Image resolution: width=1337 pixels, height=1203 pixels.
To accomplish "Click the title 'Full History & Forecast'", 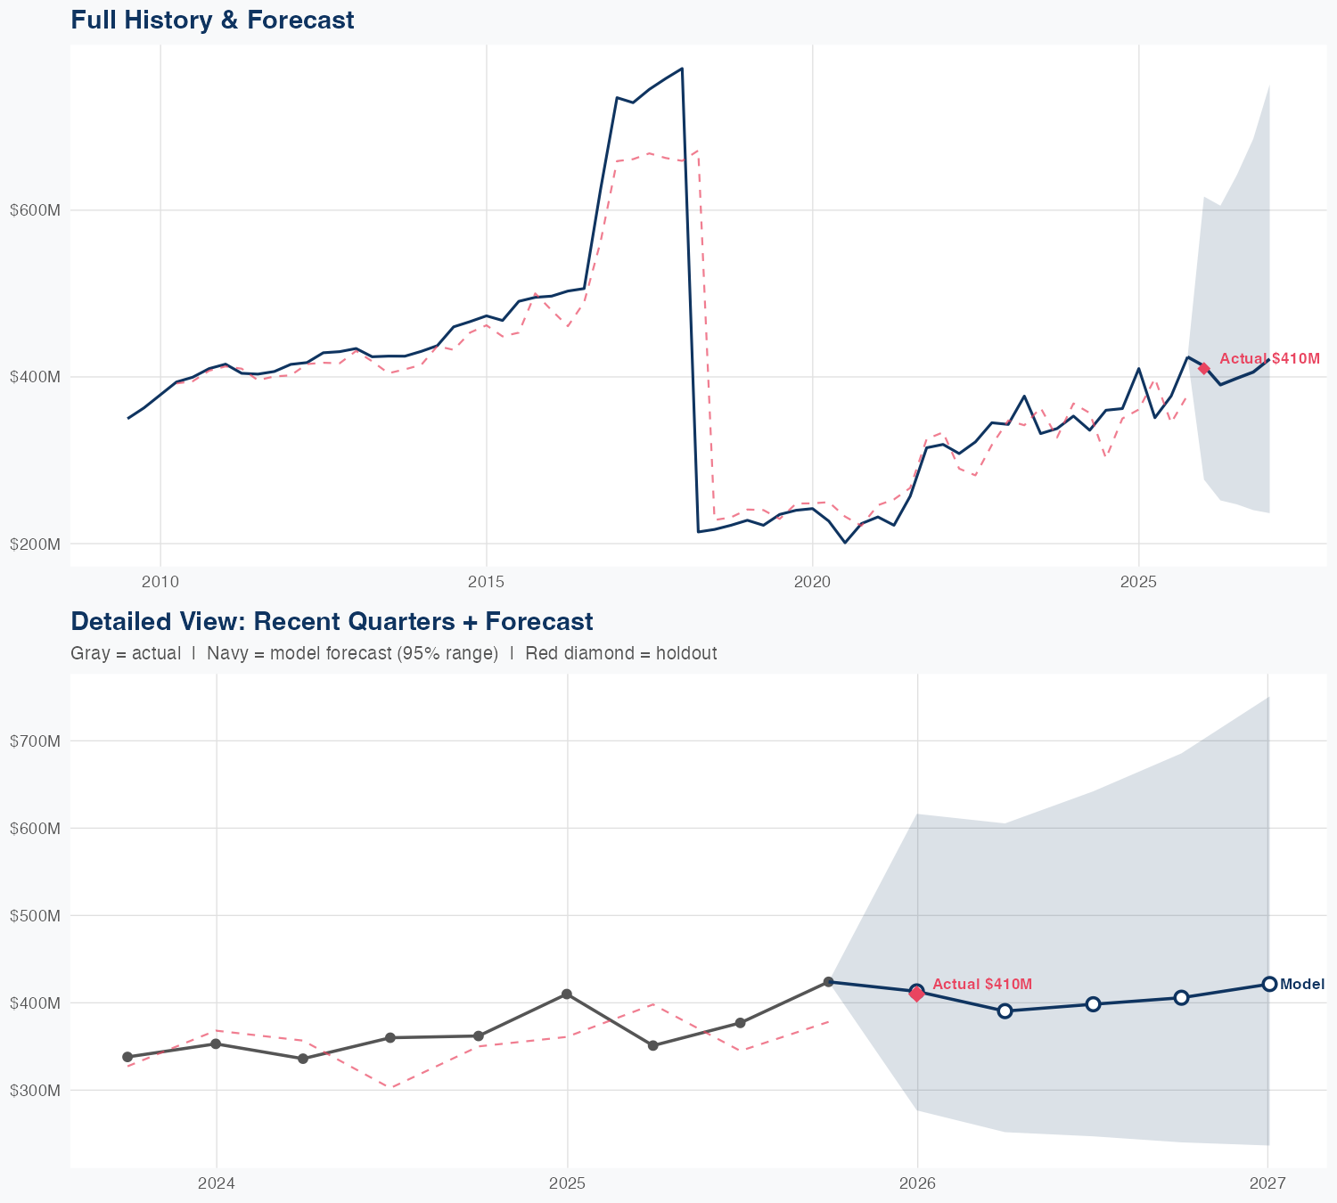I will (212, 20).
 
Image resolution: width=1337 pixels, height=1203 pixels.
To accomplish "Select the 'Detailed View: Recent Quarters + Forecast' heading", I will (332, 621).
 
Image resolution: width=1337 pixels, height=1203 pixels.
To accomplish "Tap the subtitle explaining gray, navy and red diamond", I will (393, 653).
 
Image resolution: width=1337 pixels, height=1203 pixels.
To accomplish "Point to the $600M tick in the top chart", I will (35, 210).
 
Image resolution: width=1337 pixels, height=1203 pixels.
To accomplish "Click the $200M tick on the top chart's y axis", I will (35, 544).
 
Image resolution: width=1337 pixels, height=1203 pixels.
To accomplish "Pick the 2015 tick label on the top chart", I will (487, 582).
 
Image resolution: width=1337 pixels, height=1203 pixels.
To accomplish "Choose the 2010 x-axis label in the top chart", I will (160, 582).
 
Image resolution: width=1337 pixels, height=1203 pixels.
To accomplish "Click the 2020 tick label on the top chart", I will (813, 582).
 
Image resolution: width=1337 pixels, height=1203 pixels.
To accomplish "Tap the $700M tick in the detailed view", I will (35, 741).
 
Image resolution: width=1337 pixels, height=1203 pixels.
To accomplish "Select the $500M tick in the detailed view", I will (35, 915).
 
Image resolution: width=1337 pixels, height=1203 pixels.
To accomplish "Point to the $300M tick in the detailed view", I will (35, 1090).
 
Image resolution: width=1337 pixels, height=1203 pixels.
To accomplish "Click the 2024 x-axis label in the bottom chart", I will (216, 1183).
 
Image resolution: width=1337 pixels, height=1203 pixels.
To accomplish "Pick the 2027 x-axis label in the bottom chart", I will (1267, 1183).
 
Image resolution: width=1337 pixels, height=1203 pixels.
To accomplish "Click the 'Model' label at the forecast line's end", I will (1302, 985).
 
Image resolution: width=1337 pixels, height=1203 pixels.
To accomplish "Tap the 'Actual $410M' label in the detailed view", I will (982, 984).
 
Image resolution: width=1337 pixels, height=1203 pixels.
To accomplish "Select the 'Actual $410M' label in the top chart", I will (1269, 358).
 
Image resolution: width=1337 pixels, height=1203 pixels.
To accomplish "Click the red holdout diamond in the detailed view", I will (916, 994).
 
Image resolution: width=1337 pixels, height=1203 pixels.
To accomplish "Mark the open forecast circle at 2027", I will (1269, 984).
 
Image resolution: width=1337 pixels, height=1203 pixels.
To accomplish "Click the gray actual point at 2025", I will (566, 994).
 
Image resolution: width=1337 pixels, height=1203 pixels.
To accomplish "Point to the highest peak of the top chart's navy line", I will (682, 69).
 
